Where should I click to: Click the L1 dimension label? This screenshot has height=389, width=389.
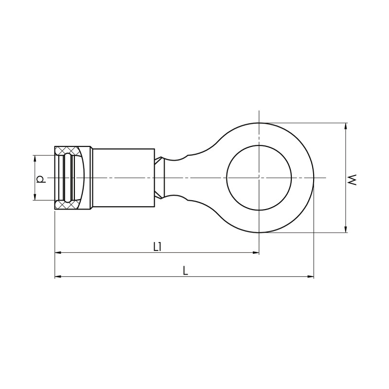pyautogui.click(x=157, y=247)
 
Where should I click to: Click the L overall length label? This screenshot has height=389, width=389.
pyautogui.click(x=185, y=271)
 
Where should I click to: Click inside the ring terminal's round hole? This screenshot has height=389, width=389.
pyautogui.click(x=259, y=177)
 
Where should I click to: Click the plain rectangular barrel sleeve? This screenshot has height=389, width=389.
pyautogui.click(x=123, y=177)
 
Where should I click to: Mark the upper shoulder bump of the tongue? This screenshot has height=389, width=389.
pyautogui.click(x=178, y=157)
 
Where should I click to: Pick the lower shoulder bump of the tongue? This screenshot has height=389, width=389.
pyautogui.click(x=178, y=198)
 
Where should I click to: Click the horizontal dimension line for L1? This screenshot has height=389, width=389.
pyautogui.click(x=204, y=253)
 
